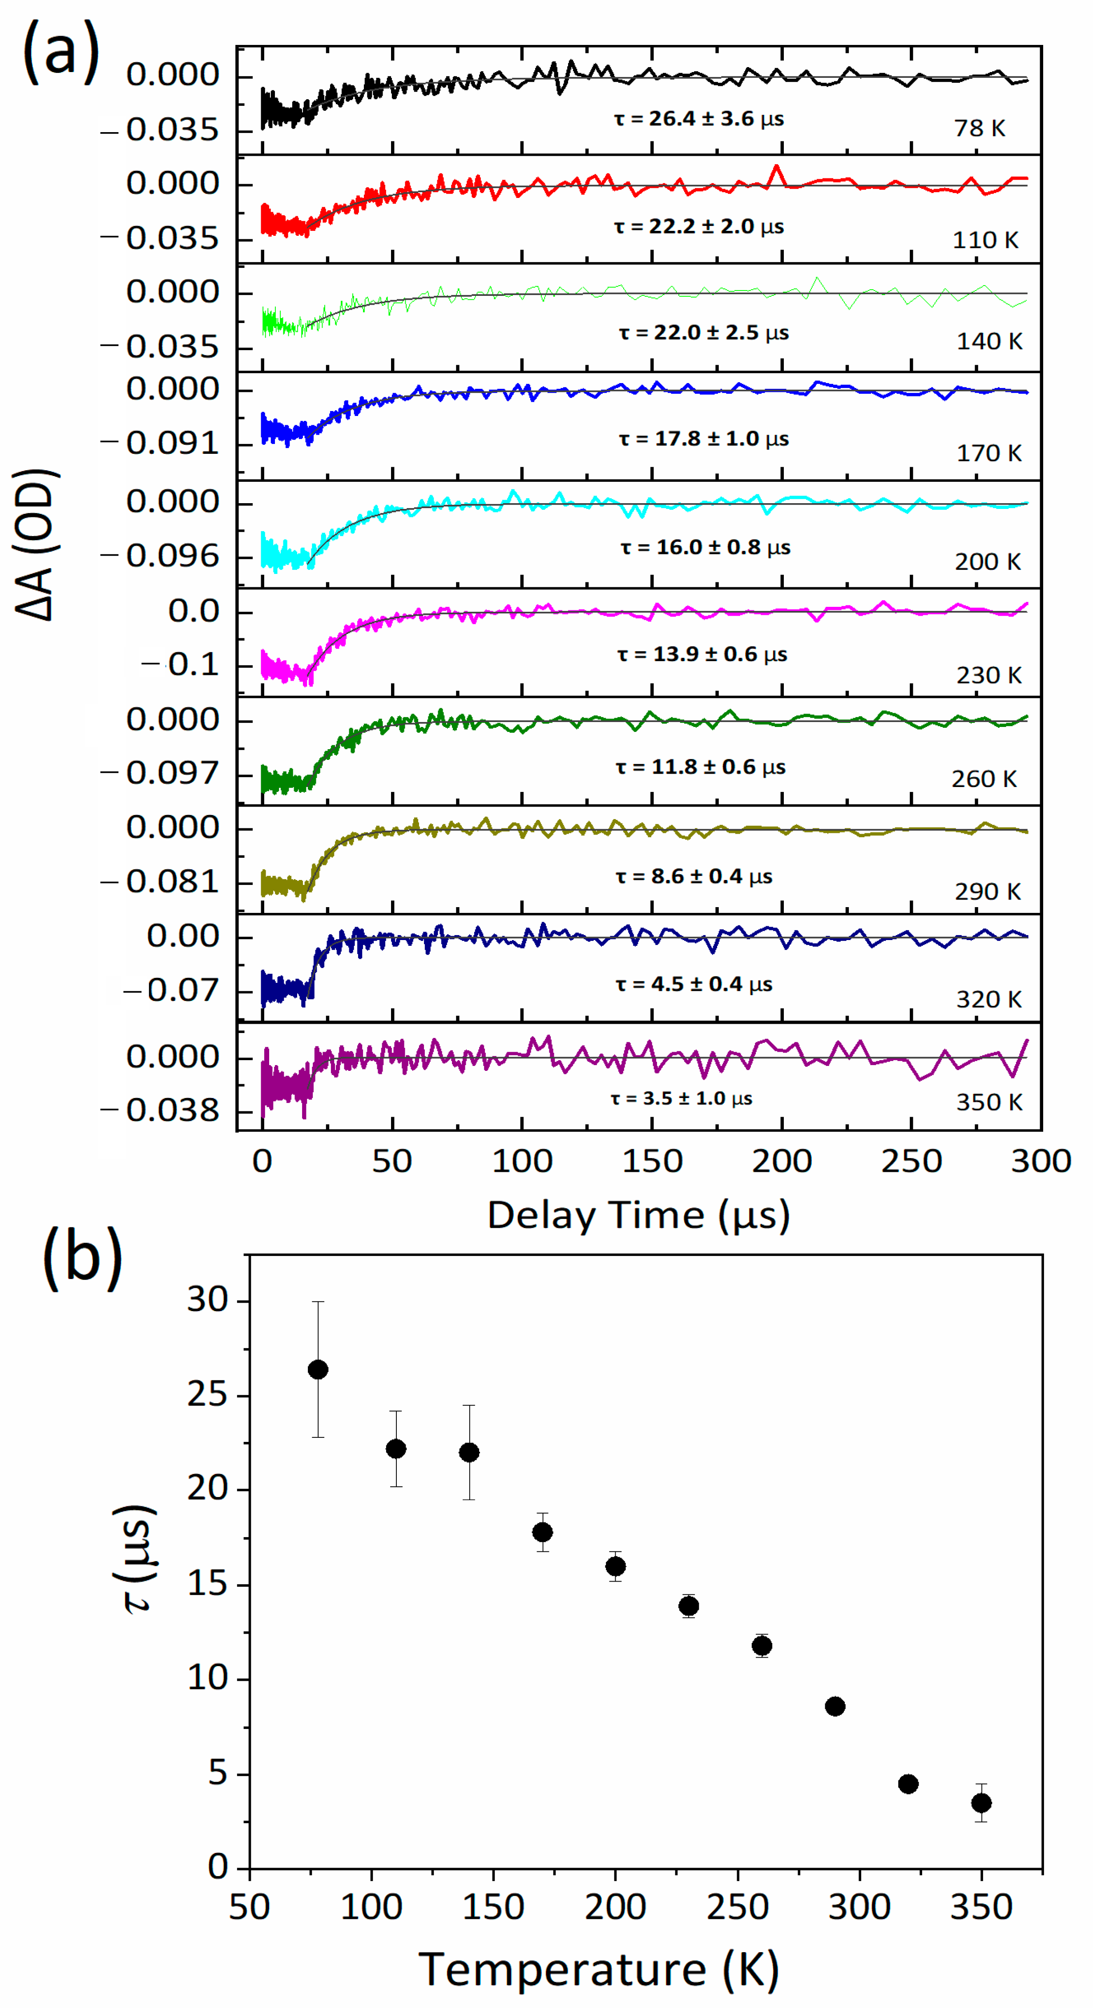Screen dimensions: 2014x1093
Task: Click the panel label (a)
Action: pos(61,52)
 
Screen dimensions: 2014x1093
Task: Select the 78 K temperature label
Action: pos(979,128)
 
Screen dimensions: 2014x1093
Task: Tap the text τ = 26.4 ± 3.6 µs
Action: pos(698,119)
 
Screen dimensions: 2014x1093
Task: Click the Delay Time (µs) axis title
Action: pos(638,1216)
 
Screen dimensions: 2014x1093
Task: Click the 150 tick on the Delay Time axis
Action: pos(651,1161)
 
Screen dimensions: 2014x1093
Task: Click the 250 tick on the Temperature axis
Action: pos(737,1907)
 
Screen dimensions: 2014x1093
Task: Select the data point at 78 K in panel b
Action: pos(318,1370)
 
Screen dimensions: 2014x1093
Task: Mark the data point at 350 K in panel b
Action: pos(981,1803)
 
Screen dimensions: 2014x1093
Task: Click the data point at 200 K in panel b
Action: pos(615,1566)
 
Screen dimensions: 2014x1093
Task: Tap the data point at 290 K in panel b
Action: pos(835,1706)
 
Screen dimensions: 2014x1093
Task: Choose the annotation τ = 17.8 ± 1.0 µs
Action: pos(704,439)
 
